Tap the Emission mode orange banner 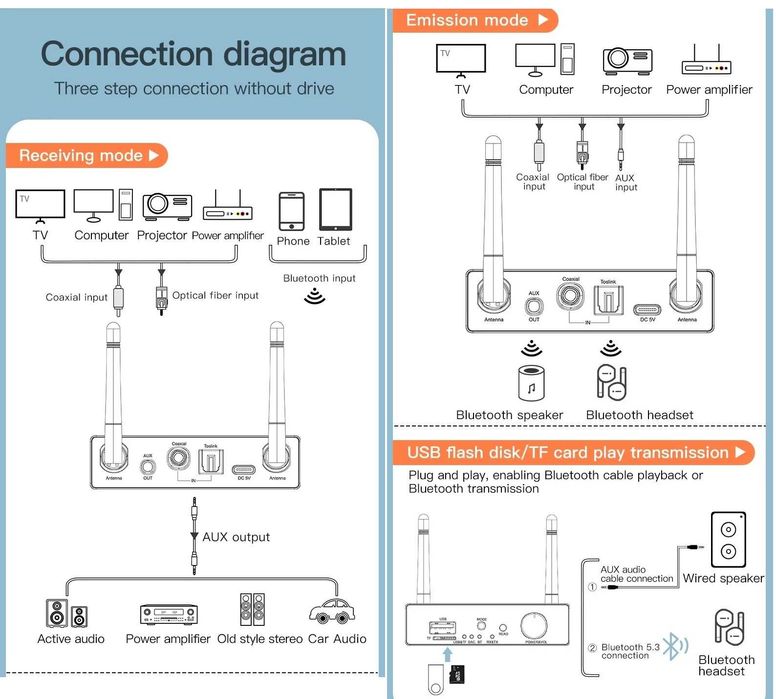pyautogui.click(x=476, y=19)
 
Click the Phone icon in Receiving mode pyautogui.click(x=292, y=211)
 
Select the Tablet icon pyautogui.click(x=335, y=210)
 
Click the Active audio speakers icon pyautogui.click(x=67, y=614)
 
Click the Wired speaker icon pyautogui.click(x=727, y=540)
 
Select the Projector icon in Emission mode pyautogui.click(x=627, y=60)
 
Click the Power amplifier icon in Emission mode pyautogui.click(x=709, y=62)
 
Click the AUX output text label pyautogui.click(x=236, y=537)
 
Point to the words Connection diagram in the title pyautogui.click(x=194, y=53)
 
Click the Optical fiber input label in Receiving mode pyautogui.click(x=215, y=295)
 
